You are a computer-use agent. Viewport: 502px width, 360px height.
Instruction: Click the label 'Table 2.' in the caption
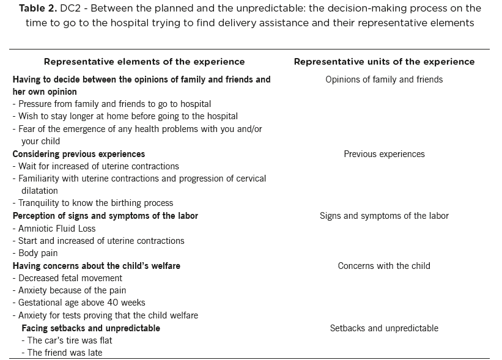38,9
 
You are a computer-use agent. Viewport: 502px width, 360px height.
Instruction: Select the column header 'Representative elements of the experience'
144,62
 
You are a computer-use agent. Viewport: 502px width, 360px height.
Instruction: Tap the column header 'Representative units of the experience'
384,62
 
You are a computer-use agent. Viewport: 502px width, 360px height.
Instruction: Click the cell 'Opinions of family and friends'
384,79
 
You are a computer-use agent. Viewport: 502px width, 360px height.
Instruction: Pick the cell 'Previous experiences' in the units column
384,154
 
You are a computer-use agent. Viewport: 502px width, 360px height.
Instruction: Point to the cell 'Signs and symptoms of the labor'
384,216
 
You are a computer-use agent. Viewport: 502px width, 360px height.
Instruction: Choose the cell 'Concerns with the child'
384,266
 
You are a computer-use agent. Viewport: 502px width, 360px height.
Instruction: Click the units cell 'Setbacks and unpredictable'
384,328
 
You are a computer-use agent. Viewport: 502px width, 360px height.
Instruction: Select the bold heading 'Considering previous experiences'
79,154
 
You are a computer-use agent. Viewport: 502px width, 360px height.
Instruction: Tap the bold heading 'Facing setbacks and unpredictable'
91,328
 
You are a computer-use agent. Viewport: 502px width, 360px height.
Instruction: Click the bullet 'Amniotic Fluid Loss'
54,229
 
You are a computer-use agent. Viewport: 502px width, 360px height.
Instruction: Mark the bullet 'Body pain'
35,253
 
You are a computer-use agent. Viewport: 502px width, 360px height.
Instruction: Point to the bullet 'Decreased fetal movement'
67,278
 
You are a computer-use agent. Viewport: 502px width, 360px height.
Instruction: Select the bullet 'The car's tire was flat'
67,340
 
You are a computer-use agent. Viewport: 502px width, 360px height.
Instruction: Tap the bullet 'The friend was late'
62,353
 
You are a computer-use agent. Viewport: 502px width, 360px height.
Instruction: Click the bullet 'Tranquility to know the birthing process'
93,203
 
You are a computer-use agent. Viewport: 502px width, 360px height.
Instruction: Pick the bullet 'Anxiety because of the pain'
70,290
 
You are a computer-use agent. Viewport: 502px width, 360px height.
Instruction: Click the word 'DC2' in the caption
70,9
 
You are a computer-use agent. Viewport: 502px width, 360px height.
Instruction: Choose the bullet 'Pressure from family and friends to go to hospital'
112,104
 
